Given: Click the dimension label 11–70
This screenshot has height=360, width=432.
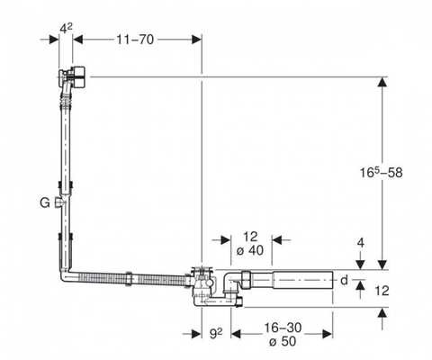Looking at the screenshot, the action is coord(135,40).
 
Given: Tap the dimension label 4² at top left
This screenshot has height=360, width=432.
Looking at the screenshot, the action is coord(66,29).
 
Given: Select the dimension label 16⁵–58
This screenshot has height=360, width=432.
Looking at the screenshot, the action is coord(381,172).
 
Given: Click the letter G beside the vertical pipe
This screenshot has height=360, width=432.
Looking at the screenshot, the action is coord(45,203).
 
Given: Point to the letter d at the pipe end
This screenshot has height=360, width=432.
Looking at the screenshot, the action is coord(344,280).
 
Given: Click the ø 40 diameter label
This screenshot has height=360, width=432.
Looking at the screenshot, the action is coord(250,250).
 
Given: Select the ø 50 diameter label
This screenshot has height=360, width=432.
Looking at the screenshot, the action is coord(283,341).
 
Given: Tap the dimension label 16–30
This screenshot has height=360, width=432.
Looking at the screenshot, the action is coord(283,328).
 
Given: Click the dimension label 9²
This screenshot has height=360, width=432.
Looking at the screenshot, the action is coord(216,333).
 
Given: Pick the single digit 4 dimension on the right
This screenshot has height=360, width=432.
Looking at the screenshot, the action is coord(361,243).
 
